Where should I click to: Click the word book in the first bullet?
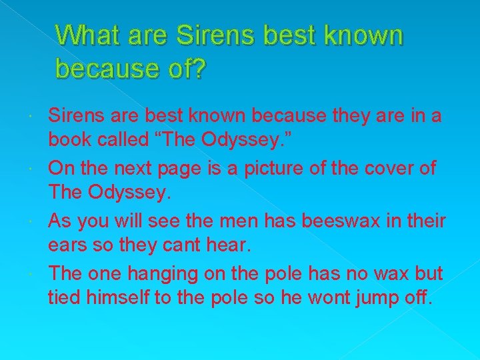tap(69, 141)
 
